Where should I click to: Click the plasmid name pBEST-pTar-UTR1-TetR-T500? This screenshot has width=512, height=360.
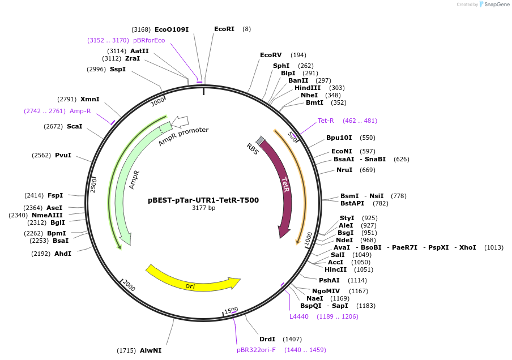(x=203, y=200)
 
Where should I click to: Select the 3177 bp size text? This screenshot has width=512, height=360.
(x=203, y=208)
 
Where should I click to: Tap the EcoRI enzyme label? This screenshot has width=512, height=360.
(x=224, y=29)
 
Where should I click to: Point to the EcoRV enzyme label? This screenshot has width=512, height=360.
(x=271, y=55)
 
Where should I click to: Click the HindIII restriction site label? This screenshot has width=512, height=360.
(x=308, y=88)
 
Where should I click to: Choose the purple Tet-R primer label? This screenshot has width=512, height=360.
(x=326, y=121)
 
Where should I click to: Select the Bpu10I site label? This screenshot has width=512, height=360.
(x=339, y=138)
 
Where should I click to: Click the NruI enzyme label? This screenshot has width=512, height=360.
(x=344, y=170)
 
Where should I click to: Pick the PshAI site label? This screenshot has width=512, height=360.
(x=329, y=280)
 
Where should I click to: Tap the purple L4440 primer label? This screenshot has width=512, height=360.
(x=299, y=316)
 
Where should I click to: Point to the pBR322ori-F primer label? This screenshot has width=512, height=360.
(x=256, y=350)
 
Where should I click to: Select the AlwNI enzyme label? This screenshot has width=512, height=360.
(x=151, y=350)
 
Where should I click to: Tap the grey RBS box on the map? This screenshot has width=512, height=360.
(x=260, y=140)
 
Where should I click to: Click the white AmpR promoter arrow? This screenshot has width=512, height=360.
(x=180, y=121)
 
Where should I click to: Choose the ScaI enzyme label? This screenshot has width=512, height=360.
(x=74, y=126)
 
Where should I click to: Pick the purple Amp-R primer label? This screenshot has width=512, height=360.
(x=80, y=111)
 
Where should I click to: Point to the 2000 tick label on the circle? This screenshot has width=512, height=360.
(x=129, y=286)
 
